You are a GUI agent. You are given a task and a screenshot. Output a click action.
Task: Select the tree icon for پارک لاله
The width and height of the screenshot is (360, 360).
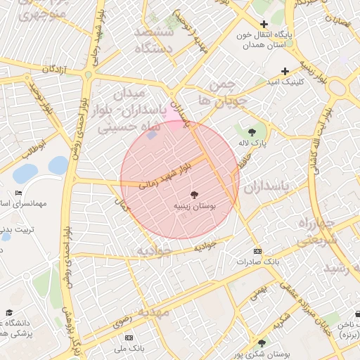[x=252, y=131]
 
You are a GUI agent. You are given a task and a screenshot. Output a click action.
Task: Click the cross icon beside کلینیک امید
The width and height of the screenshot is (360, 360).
[x=285, y=71]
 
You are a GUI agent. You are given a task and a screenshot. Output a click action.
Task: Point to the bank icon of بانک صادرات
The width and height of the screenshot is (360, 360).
[x=258, y=251]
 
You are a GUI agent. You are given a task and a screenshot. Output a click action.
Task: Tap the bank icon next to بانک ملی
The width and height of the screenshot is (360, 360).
[x=129, y=338]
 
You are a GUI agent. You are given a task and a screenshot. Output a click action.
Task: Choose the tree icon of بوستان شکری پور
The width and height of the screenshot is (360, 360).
[x=262, y=343]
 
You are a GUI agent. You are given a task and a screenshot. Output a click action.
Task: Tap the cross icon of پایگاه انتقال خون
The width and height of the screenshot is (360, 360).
[x=264, y=24]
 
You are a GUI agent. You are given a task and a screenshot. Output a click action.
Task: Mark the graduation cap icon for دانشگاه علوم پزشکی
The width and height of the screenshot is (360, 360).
[x=9, y=313]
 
